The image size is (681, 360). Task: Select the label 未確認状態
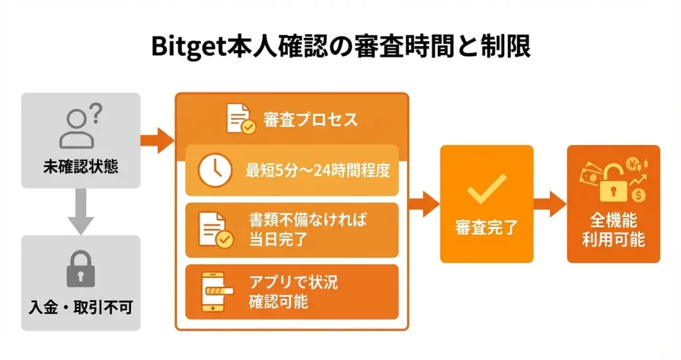(x=81, y=166)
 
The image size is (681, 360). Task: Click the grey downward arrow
(x=81, y=212)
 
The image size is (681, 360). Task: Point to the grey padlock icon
(x=81, y=270)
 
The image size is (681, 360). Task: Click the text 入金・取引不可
(x=81, y=307)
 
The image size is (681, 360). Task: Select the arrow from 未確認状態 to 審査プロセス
(x=157, y=140)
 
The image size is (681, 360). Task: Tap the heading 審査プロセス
(x=310, y=120)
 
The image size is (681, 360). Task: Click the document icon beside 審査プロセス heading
(x=240, y=119)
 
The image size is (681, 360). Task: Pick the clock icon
(x=215, y=170)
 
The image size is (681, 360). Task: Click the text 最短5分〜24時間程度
(x=317, y=170)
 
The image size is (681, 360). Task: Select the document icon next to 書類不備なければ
(x=215, y=230)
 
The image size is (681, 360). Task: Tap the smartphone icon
(x=214, y=292)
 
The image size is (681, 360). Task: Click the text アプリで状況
(x=293, y=282)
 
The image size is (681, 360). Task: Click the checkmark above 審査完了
(x=486, y=188)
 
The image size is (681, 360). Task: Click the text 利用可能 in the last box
(x=613, y=240)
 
